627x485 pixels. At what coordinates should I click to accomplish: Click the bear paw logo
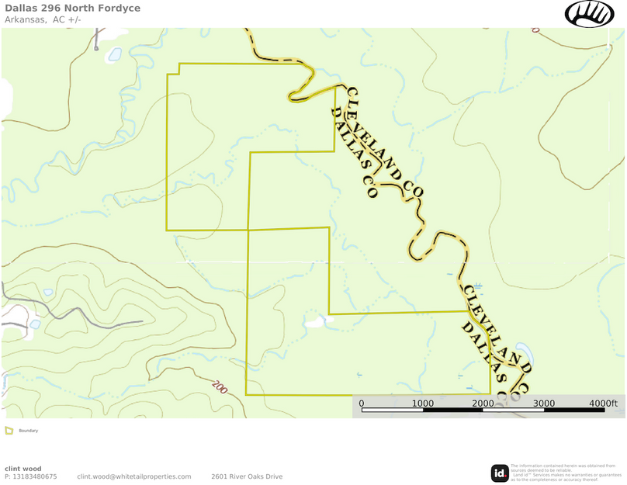tap(589, 13)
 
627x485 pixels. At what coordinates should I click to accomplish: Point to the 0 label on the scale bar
tap(362, 403)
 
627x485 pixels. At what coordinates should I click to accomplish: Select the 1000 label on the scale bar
tap(423, 403)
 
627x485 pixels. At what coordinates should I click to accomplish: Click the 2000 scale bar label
tap(483, 403)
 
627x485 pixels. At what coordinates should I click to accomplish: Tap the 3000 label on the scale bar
tap(543, 403)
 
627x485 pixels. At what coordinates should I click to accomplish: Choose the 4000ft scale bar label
tap(603, 403)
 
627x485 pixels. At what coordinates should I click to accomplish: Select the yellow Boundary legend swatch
tap(9, 431)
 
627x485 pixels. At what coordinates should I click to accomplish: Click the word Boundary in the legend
tap(29, 431)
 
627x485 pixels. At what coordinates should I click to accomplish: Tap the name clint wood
tap(23, 468)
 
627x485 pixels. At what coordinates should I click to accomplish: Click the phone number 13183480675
tap(35, 476)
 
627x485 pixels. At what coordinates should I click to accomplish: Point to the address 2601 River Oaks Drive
tap(247, 476)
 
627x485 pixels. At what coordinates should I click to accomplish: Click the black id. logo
tap(500, 473)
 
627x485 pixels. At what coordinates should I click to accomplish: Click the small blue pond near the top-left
tap(115, 54)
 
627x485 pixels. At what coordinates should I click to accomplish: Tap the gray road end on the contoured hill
tap(142, 321)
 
